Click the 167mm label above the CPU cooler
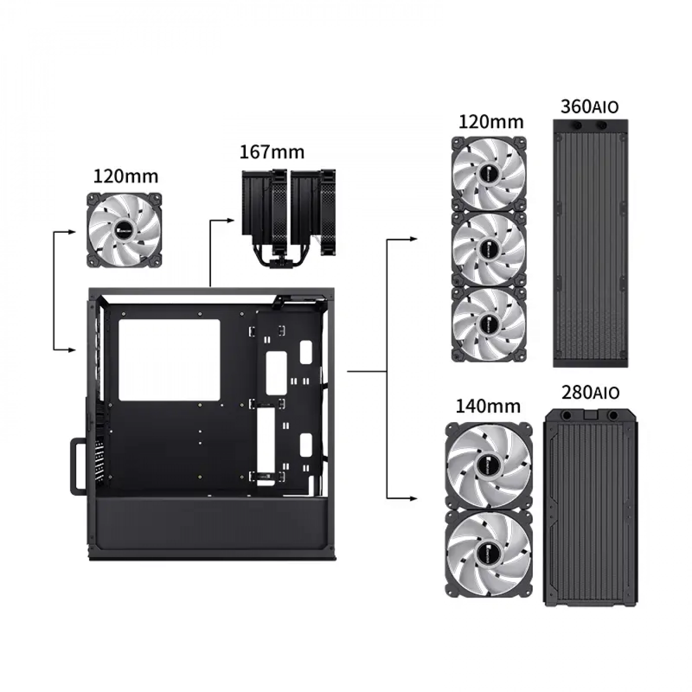tap(272, 152)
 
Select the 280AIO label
tap(590, 392)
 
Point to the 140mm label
tap(488, 406)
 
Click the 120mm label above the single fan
tap(126, 176)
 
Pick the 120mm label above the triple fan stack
tap(491, 122)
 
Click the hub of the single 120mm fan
tap(124, 230)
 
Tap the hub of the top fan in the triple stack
tap(488, 174)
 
